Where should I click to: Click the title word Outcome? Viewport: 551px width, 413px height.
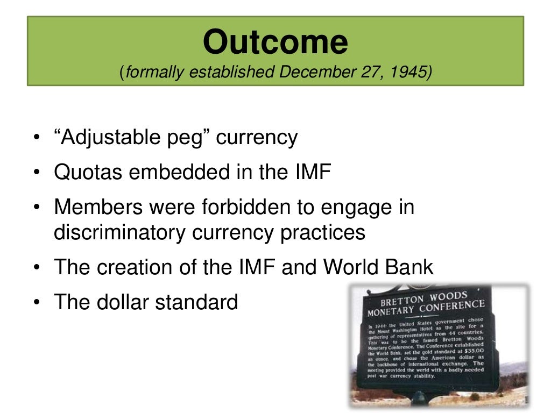pyautogui.click(x=275, y=42)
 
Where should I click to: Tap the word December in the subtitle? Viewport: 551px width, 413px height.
pyautogui.click(x=315, y=72)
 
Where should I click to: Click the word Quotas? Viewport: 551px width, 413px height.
pyautogui.click(x=88, y=173)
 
